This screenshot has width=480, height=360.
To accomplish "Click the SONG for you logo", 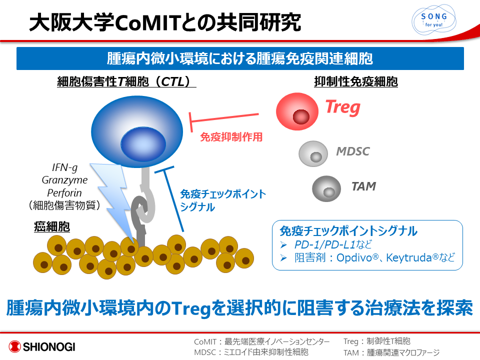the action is (434, 19).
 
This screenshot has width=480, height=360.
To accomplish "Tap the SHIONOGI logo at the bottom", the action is (42, 346).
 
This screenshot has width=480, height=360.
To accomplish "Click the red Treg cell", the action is (297, 111).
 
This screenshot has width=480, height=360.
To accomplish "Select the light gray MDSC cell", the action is (313, 153).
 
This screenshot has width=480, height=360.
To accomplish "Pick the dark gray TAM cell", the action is (326, 188).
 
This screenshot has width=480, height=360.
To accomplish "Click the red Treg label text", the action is (343, 107).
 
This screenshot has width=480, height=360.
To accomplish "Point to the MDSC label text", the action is (352, 151).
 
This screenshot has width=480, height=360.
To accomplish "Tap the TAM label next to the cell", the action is (363, 186).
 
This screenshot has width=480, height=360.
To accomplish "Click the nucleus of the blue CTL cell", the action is (143, 144).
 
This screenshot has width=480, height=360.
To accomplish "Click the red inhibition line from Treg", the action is (224, 119).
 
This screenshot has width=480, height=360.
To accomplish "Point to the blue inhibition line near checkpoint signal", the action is (173, 199).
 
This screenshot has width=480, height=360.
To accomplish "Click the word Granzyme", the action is (64, 180).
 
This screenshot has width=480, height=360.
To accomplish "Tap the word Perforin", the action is (64, 193).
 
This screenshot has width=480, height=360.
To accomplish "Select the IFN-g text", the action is (64, 167).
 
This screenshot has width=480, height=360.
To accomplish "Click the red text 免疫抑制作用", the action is (231, 137).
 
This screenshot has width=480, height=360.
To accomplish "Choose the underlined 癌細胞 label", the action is (51, 227).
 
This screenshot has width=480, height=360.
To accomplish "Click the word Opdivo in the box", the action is (354, 258).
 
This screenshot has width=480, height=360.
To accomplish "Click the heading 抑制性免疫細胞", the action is (356, 81).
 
